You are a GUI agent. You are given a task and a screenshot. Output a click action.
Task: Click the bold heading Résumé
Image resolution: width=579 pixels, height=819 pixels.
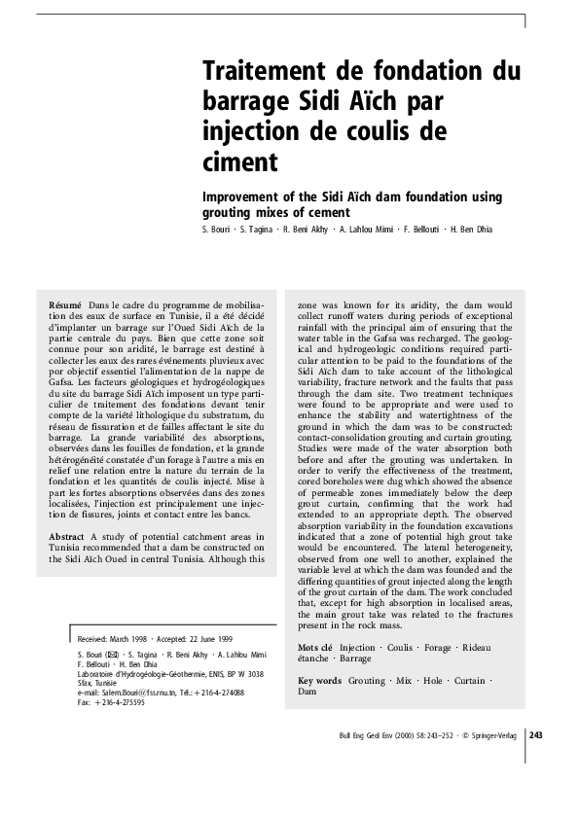[65, 305]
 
